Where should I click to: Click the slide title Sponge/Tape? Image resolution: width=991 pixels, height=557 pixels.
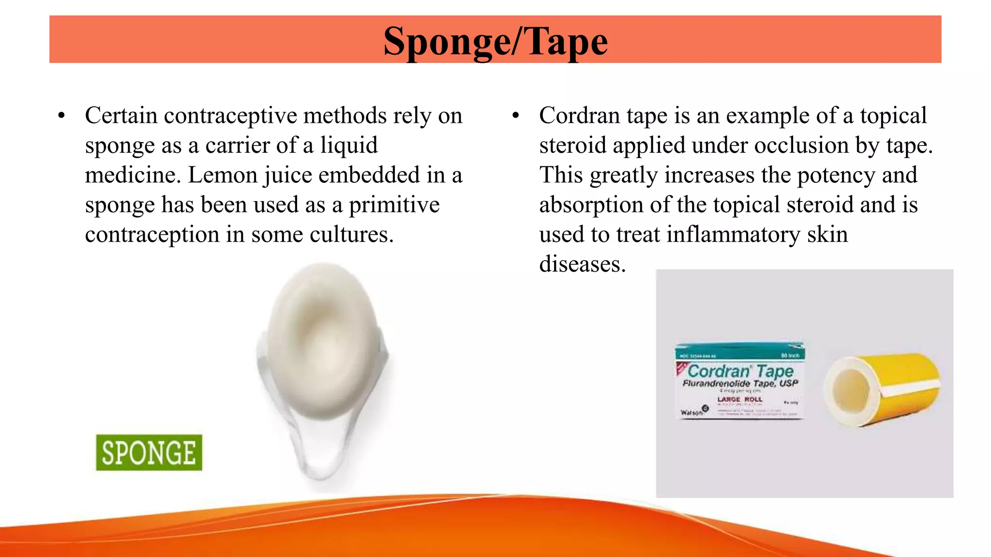click(x=495, y=42)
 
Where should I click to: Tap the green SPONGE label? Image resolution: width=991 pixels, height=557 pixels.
click(x=149, y=453)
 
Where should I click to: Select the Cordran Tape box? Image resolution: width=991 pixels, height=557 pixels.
click(x=739, y=381)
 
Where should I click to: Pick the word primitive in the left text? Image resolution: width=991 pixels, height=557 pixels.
click(x=394, y=205)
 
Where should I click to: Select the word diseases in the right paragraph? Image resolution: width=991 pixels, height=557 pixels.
click(x=582, y=264)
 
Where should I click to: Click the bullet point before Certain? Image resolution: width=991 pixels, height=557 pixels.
click(x=61, y=116)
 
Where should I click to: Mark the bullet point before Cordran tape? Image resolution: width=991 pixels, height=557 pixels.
click(x=516, y=116)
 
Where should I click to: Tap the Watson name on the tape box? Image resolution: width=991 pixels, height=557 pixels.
click(x=691, y=412)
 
